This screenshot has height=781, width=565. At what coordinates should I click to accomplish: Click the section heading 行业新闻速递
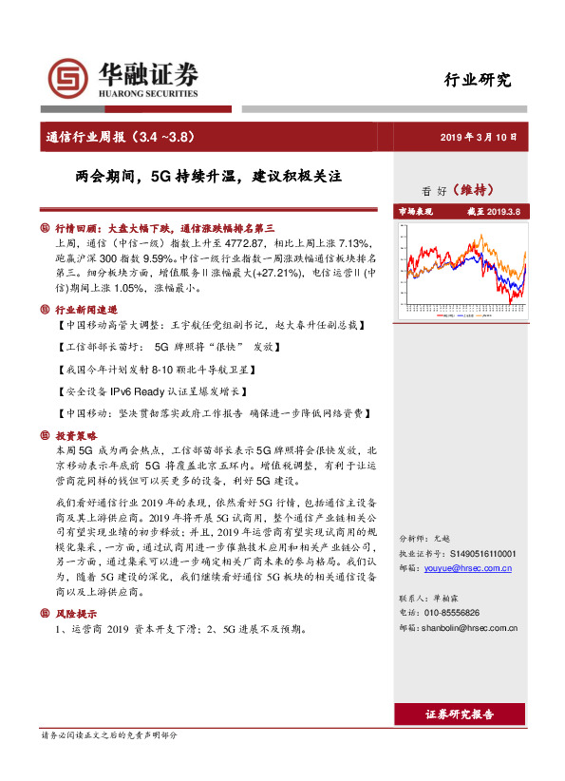coord(85,310)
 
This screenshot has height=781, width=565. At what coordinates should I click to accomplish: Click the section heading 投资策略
coord(77,434)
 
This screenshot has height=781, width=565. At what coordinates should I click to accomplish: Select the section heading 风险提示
coord(77,613)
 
